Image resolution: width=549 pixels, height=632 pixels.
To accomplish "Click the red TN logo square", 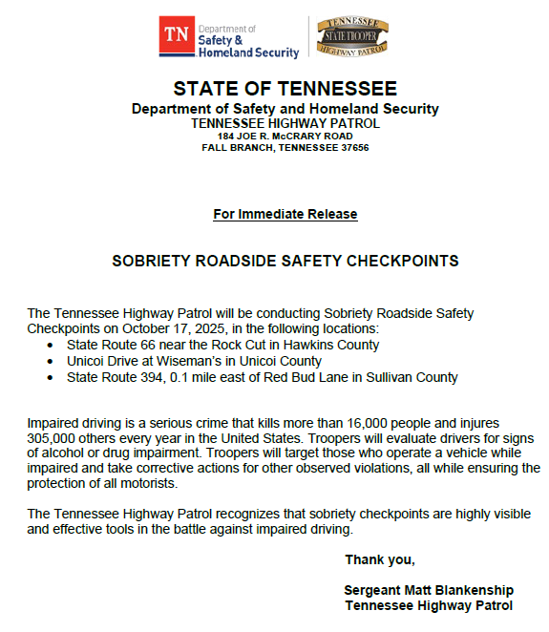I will (x=176, y=36).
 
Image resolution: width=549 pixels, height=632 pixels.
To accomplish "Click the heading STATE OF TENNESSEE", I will (x=285, y=90).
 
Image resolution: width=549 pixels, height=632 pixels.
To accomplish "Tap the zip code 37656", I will (x=351, y=148).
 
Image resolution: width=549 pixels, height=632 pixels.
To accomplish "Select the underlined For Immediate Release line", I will (x=285, y=214).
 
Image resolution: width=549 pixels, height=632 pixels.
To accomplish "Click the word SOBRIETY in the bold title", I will (x=145, y=261).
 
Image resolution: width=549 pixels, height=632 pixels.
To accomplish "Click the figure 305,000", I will (x=56, y=438).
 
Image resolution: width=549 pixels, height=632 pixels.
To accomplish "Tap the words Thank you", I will (x=380, y=559).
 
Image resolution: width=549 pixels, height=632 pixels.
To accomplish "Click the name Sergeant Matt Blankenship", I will (x=429, y=590).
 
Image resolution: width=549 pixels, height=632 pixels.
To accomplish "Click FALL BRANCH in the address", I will (x=234, y=148).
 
